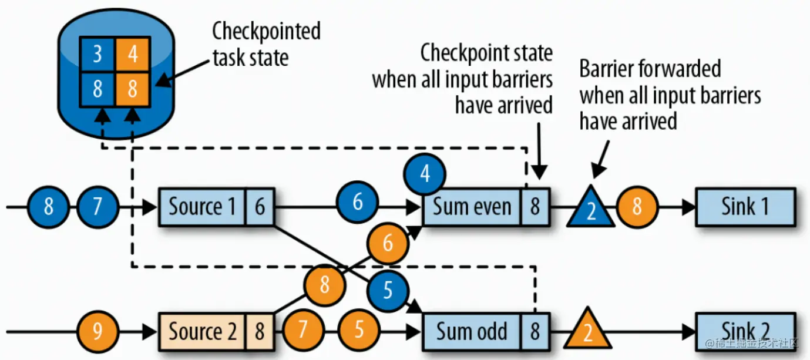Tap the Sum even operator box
[x=472, y=207]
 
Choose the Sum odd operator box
[x=472, y=331]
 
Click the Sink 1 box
[x=745, y=207]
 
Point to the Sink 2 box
[x=745, y=331]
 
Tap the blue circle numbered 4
[x=425, y=175]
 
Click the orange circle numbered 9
[x=98, y=331]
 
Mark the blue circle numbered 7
[x=98, y=207]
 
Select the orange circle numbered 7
[x=303, y=330]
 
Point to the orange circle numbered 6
[x=387, y=243]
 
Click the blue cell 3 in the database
[x=98, y=55]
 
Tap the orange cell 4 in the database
[x=132, y=55]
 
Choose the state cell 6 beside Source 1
[x=259, y=207]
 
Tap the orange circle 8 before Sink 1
[x=637, y=207]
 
